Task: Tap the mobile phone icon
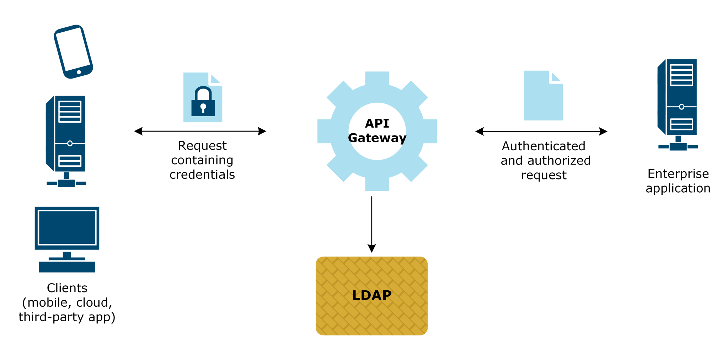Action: pyautogui.click(x=73, y=51)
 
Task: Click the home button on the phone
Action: pyautogui.click(x=79, y=72)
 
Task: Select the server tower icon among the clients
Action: pyautogui.click(x=66, y=135)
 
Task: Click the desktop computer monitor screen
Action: pyautogui.click(x=67, y=227)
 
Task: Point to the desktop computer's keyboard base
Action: pyautogui.click(x=67, y=267)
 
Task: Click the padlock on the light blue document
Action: pyautogui.click(x=203, y=103)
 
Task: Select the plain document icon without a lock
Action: pyautogui.click(x=543, y=96)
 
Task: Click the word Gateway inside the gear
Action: pyautogui.click(x=377, y=138)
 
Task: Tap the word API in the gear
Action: pyautogui.click(x=377, y=123)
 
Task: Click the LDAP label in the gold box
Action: pyautogui.click(x=371, y=295)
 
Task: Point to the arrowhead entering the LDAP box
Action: pyautogui.click(x=371, y=248)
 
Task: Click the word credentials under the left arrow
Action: pyautogui.click(x=202, y=174)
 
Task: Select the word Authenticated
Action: pyautogui.click(x=543, y=146)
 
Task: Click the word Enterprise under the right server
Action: pyautogui.click(x=678, y=174)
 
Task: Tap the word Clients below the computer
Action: pyautogui.click(x=67, y=288)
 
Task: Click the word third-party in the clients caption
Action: pyautogui.click(x=52, y=317)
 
